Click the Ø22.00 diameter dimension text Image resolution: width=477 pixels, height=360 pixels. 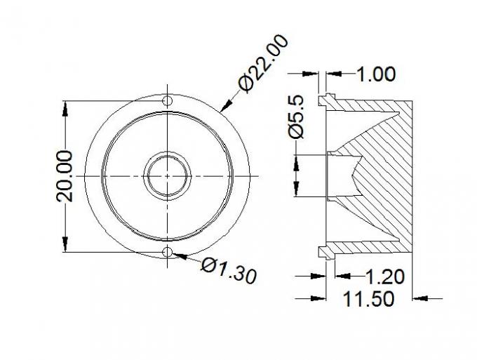(x=264, y=63)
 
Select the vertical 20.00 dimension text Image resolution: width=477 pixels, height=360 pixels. (x=65, y=175)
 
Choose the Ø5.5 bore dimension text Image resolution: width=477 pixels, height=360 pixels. (x=297, y=116)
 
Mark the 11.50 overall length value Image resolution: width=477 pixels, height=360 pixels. (x=368, y=300)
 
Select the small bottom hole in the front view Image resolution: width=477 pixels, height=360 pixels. (x=168, y=251)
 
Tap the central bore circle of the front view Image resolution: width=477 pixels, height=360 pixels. (x=168, y=175)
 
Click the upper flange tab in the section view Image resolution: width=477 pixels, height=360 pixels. (x=324, y=100)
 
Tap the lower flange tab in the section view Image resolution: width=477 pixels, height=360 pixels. (x=324, y=251)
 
